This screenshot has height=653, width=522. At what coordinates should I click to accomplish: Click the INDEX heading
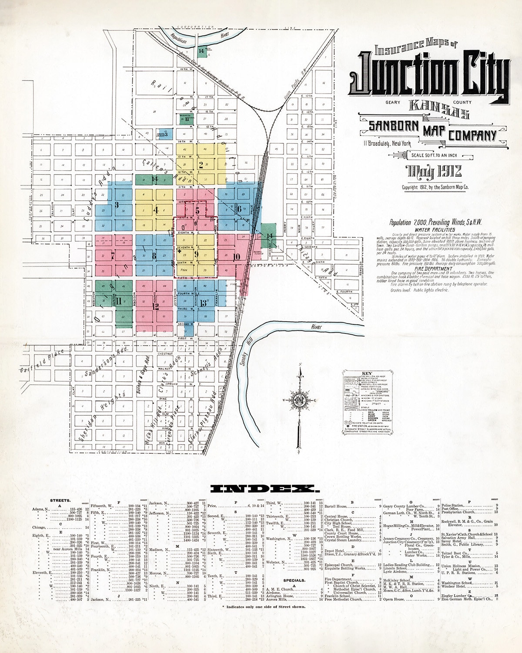tap(261, 489)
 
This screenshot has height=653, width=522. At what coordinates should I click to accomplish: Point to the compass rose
tap(300, 401)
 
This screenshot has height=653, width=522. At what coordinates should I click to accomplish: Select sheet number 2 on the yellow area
tap(201, 165)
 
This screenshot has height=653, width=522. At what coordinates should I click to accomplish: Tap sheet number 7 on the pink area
tap(113, 256)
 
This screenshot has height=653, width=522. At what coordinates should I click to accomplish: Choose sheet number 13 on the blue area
tap(203, 303)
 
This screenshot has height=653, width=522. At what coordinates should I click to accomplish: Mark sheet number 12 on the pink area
tap(155, 306)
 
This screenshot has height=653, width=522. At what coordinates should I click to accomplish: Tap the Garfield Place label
tap(41, 361)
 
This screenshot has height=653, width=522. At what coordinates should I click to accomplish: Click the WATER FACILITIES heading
tap(435, 229)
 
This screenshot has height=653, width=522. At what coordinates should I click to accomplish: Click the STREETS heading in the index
tap(60, 500)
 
